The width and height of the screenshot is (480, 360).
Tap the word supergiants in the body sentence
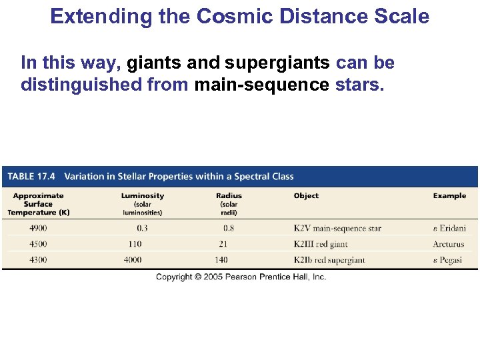[x=277, y=63]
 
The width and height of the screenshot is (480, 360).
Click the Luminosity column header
[x=142, y=196]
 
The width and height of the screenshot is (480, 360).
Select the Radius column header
[x=229, y=196]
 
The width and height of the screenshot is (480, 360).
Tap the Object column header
[x=306, y=196]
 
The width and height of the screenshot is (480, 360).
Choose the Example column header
[x=449, y=196]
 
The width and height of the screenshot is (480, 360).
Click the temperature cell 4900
[x=38, y=228]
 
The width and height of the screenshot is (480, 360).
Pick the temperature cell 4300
[x=38, y=260]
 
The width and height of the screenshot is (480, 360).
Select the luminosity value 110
[x=135, y=244]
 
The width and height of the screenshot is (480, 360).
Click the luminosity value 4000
[x=133, y=260]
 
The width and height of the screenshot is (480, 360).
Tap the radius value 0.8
[x=229, y=228]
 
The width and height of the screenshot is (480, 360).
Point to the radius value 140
[x=221, y=260]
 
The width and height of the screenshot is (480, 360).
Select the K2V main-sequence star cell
[x=337, y=228]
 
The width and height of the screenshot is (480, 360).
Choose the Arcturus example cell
[x=448, y=244]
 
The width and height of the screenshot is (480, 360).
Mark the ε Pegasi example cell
[x=447, y=260]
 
